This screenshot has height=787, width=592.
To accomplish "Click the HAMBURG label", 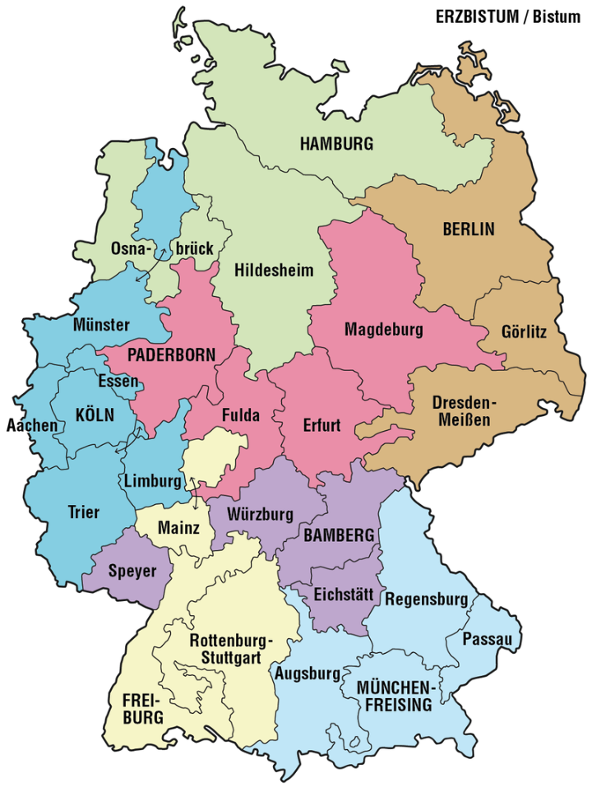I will (336, 144).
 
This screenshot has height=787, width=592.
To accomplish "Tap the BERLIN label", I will (469, 229).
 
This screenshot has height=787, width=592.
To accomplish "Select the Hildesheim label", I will (274, 271).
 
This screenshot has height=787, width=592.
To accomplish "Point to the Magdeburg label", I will (383, 331).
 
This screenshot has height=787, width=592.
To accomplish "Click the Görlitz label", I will (523, 333).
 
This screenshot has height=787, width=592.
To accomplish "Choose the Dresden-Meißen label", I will (465, 411).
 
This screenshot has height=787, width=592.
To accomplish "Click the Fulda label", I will (240, 415).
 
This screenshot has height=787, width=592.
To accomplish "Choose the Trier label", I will (83, 512).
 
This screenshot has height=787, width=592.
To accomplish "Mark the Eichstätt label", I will (345, 594).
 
